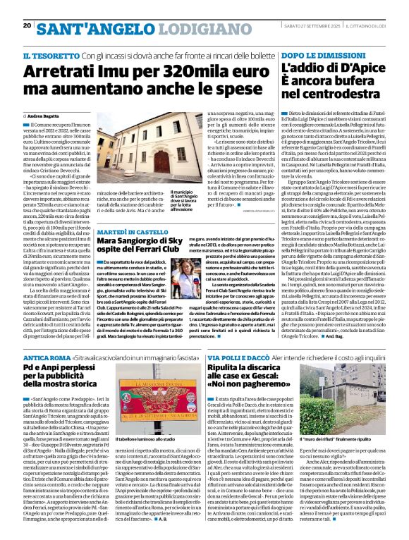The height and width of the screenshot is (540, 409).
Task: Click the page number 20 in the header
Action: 27,26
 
